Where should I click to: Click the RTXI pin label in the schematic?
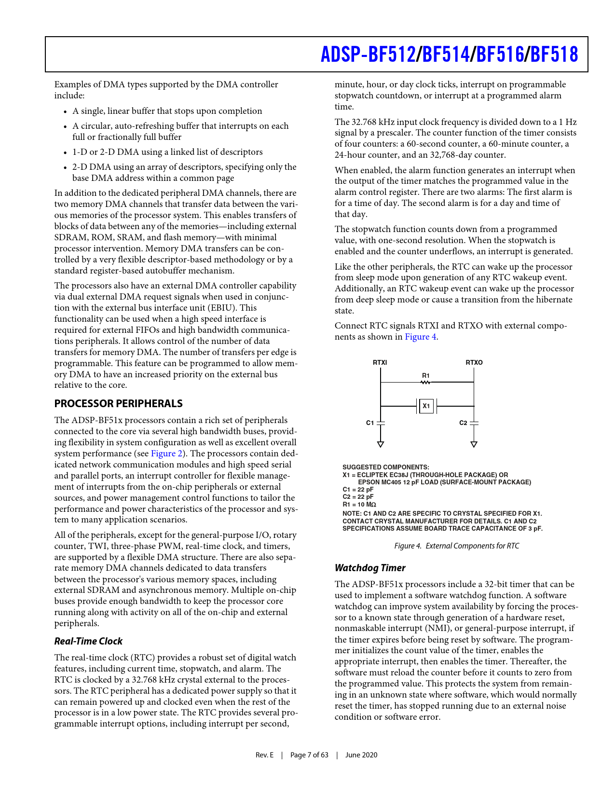380,362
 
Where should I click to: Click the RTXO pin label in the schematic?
474,362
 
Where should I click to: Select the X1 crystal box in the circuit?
426,406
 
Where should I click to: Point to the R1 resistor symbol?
425,382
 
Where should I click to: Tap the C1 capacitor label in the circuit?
370,423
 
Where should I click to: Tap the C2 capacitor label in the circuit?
463,423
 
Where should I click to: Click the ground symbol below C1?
381,444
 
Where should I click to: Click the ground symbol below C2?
474,444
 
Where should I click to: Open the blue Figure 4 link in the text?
421,337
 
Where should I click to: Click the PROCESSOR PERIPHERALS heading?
118,404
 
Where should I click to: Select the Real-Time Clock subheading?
88,641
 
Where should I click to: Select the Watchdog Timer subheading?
370,568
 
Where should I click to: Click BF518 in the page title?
554,55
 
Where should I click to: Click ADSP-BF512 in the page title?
368,55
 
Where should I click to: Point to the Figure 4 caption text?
456,546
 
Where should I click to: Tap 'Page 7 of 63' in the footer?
309,755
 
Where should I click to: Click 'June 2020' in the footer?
361,755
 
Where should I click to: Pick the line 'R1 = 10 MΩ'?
359,505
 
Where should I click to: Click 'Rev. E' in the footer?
264,755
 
